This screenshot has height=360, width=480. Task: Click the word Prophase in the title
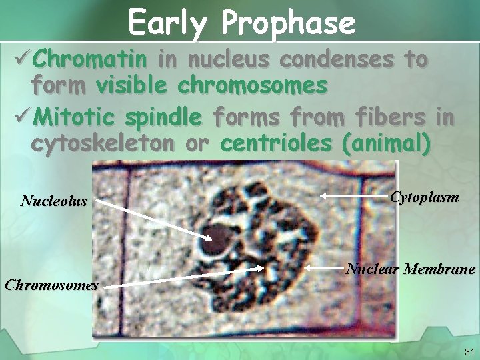[289, 23]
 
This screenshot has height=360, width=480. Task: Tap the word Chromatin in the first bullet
[90, 60]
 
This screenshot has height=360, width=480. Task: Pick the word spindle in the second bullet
[163, 118]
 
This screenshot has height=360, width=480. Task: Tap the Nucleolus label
[54, 201]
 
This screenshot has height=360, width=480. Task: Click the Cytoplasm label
[424, 197]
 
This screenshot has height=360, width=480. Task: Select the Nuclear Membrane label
[410, 269]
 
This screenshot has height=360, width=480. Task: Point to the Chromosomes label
[51, 285]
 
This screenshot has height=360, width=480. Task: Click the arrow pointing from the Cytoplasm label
[353, 196]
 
